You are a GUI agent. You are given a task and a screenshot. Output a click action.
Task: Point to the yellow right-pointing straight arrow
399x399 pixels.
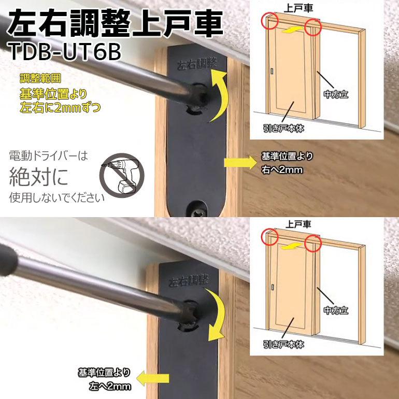[x=236, y=162]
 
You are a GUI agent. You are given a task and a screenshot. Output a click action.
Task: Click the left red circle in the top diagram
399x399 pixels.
[x=270, y=21]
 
